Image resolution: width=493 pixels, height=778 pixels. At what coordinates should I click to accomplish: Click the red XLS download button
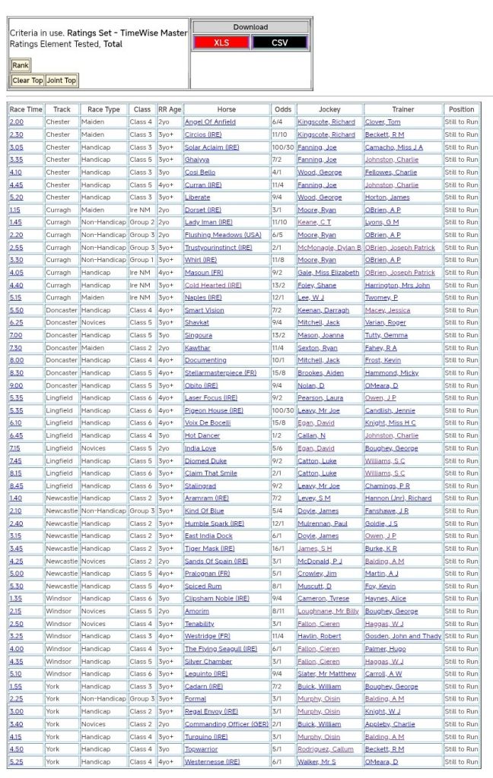pos(221,43)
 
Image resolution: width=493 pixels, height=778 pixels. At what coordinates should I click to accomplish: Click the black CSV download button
pos(279,43)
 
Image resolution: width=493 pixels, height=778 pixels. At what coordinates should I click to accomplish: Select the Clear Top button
pos(27,81)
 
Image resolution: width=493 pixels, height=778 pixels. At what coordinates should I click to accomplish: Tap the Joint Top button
pos(62,81)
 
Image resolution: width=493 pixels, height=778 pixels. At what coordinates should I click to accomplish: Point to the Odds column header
pos(282,109)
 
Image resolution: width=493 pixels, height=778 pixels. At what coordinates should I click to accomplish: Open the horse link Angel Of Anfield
pos(210,122)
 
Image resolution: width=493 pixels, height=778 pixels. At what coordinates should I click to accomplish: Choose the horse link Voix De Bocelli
pos(208,423)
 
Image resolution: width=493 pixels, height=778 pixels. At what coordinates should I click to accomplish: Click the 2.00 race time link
pos(16,122)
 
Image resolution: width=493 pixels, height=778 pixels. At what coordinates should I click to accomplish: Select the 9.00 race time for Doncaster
pos(16,385)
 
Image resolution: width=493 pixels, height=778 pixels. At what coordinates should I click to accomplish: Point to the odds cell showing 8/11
pos(282,611)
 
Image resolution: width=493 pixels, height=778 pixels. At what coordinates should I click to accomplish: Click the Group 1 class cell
pos(141,260)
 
